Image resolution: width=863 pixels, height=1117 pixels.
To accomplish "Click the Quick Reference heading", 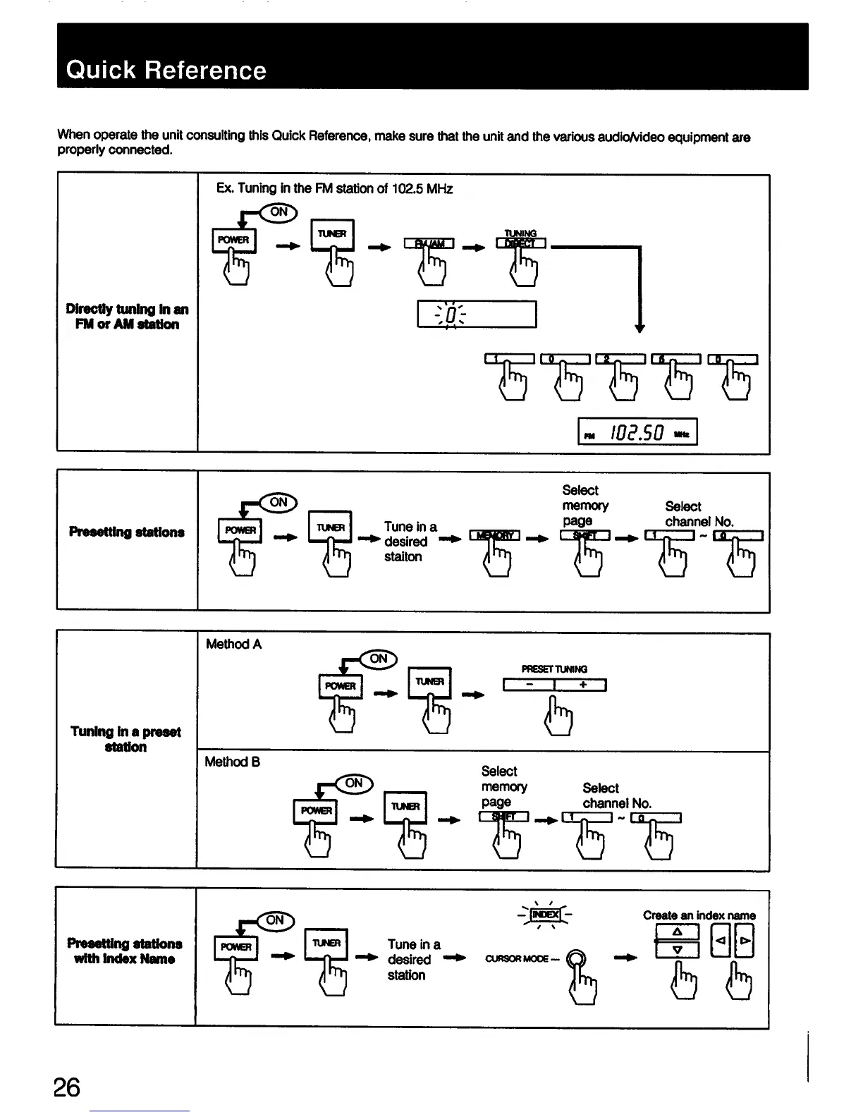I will tap(166, 71).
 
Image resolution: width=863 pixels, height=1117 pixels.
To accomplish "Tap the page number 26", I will tap(67, 1087).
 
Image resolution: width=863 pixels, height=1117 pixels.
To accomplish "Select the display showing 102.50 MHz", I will tap(637, 432).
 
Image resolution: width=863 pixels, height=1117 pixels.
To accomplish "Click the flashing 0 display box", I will tap(477, 314).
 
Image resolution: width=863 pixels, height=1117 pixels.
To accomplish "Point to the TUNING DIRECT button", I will tap(521, 243).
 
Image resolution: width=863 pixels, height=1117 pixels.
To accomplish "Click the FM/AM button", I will tap(429, 244).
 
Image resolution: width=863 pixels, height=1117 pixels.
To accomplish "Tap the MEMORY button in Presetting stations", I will tap(494, 536).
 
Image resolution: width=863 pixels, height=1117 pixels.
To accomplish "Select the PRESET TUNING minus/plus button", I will tap(554, 685).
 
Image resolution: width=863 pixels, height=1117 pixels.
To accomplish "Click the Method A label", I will tap(233, 644).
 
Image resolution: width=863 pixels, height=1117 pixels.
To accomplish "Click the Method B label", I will tap(233, 762).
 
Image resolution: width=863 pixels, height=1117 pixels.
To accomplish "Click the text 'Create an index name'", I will tap(699, 915).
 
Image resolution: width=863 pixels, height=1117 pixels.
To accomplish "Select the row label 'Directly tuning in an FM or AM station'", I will tap(127, 317).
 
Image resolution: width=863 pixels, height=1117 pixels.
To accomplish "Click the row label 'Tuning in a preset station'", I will tap(126, 739).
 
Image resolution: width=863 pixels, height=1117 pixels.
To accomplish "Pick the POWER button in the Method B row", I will tap(315, 811).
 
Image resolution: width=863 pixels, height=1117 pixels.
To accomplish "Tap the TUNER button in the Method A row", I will tap(429, 682).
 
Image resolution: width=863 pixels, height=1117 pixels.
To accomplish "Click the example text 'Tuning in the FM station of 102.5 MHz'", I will tap(334, 188).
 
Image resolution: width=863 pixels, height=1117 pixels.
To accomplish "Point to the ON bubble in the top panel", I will tap(279, 212).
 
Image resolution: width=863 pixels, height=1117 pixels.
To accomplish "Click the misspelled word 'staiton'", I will tap(403, 556).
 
